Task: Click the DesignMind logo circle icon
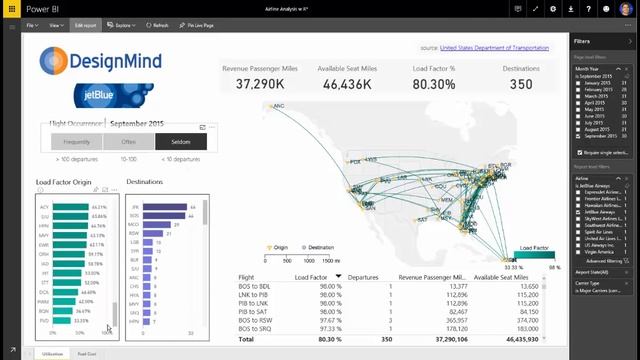56,63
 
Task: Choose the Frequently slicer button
76,142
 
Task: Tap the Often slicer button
128,142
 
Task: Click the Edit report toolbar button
84,24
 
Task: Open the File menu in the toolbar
32,24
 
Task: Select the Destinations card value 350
521,84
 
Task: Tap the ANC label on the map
279,105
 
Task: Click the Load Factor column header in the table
310,276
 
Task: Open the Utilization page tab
52,353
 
